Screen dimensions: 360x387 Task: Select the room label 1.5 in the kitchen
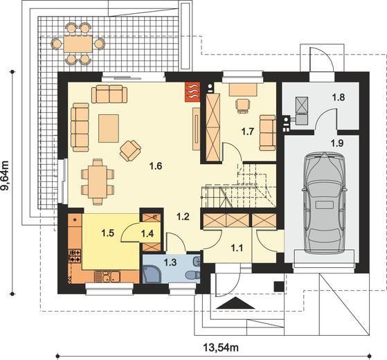[x=107, y=233]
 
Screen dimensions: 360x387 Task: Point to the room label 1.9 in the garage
[x=337, y=143]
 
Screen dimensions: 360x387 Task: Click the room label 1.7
[x=246, y=130]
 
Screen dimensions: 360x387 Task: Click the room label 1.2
[x=182, y=217]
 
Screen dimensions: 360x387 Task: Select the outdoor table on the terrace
[x=77, y=44]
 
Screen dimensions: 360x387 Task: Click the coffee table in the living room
[x=109, y=127]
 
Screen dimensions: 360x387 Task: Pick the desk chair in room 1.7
[x=242, y=105]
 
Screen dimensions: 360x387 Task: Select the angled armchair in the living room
[x=129, y=150]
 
